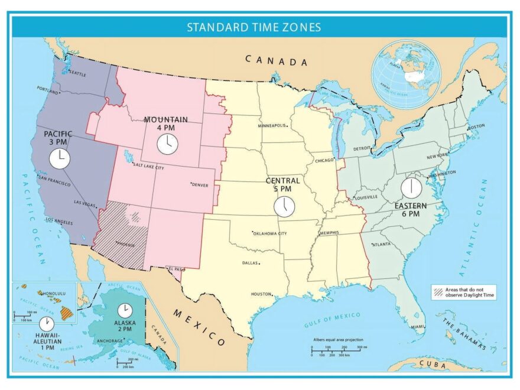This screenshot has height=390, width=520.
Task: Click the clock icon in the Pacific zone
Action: pyautogui.click(x=59, y=158)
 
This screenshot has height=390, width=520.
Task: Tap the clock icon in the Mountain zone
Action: pyautogui.click(x=167, y=144)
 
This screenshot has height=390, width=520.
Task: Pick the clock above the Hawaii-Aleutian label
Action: pyautogui.click(x=46, y=323)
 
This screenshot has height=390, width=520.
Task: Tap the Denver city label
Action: pyautogui.click(x=200, y=184)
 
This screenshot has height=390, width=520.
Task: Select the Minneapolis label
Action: pyautogui.click(x=272, y=125)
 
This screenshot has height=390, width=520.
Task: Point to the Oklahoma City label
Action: pyautogui.click(x=270, y=233)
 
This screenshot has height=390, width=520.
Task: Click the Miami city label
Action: pyautogui.click(x=417, y=326)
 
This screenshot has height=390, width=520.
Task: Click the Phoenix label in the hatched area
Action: pyautogui.click(x=125, y=245)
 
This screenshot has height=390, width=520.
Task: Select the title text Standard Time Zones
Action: pyautogui.click(x=254, y=27)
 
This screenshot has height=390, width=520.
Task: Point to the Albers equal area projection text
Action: pyautogui.click(x=338, y=340)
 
